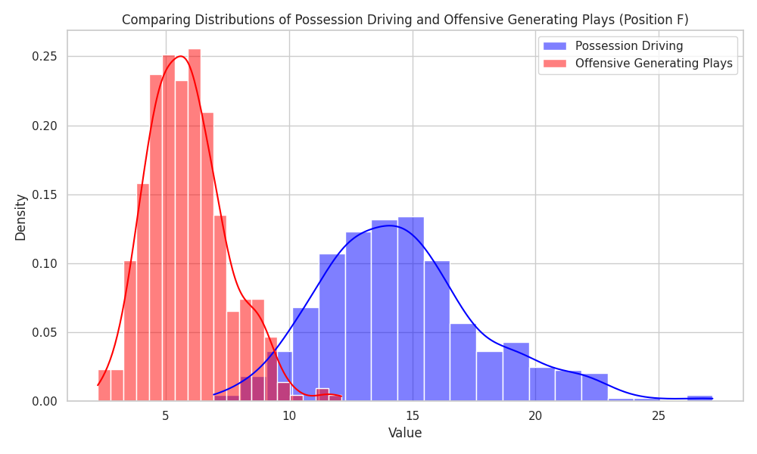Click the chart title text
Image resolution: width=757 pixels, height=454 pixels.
coord(405,20)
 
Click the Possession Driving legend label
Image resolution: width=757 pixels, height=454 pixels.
coord(629,46)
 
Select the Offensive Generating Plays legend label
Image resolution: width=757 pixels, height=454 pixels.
coord(654,64)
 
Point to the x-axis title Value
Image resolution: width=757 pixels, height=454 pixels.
coord(405,434)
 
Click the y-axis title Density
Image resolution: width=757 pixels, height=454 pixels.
coord(20,217)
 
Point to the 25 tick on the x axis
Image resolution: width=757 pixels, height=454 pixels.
coord(659,415)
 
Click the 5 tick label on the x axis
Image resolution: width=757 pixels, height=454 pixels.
coord(166,415)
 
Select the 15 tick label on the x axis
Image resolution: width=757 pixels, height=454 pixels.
coord(413,415)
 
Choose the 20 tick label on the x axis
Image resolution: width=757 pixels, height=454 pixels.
coord(535,415)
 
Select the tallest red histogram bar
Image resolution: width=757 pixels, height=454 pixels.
coord(195,227)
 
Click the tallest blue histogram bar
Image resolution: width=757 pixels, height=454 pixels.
coord(411,310)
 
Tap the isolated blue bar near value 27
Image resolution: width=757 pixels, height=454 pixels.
coord(699,398)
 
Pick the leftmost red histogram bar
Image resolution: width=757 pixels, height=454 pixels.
coord(104,386)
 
